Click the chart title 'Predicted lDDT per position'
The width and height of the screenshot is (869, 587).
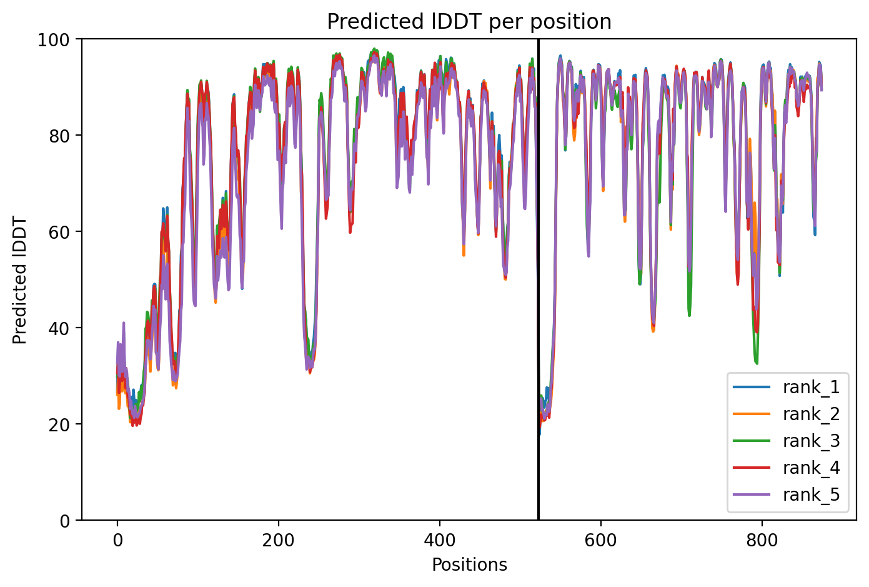[469, 21]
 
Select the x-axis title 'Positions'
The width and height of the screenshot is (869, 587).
[469, 565]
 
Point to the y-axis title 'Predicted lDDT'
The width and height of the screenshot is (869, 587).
[19, 279]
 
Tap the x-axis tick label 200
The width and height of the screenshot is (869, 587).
[278, 541]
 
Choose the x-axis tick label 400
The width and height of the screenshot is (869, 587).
[440, 541]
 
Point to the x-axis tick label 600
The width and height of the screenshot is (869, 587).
[600, 541]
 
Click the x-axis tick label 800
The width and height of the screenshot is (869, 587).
[762, 541]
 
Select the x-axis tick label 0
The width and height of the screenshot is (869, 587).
[117, 541]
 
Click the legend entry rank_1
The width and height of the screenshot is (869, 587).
[787, 387]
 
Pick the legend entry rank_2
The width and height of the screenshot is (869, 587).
[787, 414]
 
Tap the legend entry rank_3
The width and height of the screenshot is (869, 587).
[787, 441]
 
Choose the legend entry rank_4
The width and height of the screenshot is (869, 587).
[787, 468]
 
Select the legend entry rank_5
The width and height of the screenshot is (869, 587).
[787, 494]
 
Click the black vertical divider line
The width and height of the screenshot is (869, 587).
[539, 279]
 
